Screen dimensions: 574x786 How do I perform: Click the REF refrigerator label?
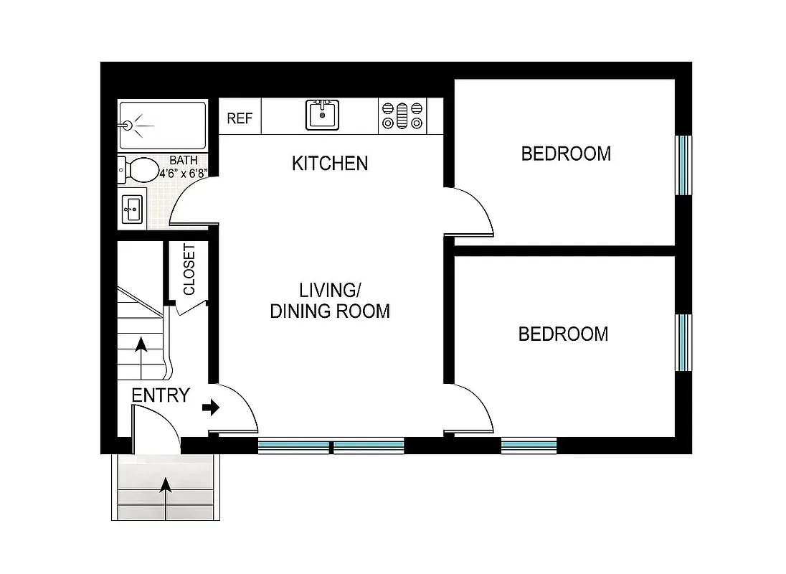(240, 118)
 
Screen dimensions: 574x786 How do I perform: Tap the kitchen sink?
(323, 115)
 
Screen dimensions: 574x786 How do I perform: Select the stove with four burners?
(402, 116)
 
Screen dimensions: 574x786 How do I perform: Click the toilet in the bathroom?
(139, 170)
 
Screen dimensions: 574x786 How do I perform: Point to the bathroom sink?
(132, 210)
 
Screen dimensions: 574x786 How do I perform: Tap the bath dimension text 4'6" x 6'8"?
(184, 173)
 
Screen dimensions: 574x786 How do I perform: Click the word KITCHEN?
(330, 164)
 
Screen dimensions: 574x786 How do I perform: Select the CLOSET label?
(189, 270)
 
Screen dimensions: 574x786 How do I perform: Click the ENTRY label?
(161, 395)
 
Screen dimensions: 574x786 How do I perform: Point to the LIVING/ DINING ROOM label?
(330, 301)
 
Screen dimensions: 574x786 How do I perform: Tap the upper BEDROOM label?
(566, 154)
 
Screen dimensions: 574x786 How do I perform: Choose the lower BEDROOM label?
(563, 334)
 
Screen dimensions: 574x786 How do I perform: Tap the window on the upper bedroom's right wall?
(683, 164)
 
